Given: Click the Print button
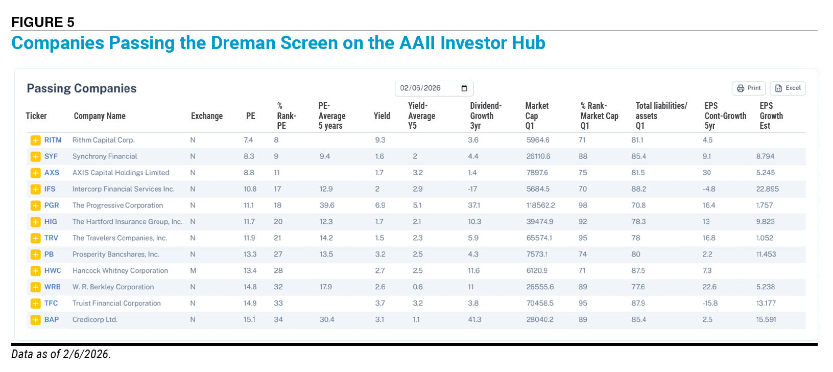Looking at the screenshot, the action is tap(749, 88).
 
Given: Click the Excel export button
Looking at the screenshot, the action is tap(788, 88).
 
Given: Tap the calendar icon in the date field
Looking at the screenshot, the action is tap(464, 88).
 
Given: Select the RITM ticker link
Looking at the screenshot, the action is tap(53, 140).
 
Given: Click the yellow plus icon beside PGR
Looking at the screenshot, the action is tap(35, 205).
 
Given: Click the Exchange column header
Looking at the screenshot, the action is tap(207, 116).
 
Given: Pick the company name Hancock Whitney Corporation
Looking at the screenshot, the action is tap(120, 270).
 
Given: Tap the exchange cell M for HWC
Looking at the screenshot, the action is tap(193, 270).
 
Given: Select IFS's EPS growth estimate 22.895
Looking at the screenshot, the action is tap(767, 189).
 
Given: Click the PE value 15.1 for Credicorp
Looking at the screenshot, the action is tap(250, 319).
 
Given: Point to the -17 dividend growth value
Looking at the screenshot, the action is tap(472, 189).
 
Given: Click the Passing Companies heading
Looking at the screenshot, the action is tap(81, 88).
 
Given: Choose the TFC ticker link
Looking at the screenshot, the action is tap(51, 303).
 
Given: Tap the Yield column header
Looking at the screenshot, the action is tap(382, 116).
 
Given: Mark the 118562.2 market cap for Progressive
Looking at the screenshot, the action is tap(540, 205).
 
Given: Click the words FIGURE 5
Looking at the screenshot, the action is tap(43, 22).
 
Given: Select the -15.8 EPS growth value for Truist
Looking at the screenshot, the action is tap(710, 303).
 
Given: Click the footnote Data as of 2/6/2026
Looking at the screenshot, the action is tap(61, 354).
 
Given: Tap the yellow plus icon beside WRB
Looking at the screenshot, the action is tap(35, 287).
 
